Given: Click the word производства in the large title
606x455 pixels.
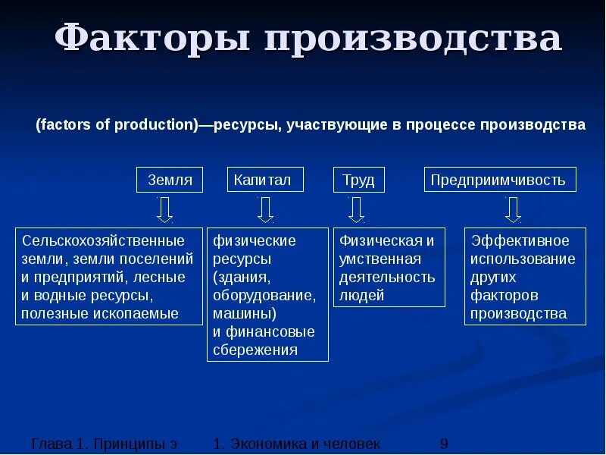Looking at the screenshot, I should point(413,39).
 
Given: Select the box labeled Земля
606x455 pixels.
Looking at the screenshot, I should point(170,180).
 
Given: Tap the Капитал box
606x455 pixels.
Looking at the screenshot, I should point(265,180).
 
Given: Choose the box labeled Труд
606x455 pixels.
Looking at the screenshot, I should point(358,180).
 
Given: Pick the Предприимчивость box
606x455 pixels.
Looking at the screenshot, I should point(499,180).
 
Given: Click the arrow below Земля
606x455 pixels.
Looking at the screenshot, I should point(164,209).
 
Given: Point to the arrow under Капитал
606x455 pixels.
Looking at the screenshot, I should point(264,209).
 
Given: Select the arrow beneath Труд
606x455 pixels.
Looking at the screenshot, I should point(357,209).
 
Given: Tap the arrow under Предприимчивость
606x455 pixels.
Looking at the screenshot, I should point(513,209).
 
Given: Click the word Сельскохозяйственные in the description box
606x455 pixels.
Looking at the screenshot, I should point(103,241).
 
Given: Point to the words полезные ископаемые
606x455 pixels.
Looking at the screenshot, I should point(100,313).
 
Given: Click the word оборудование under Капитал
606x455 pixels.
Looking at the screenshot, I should point(263,295).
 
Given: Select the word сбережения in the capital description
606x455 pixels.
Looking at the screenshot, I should point(255,350).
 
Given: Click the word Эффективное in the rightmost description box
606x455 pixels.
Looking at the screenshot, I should point(520,241).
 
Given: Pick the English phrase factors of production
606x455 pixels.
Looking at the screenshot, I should point(117,125).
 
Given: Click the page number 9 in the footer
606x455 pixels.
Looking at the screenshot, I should point(445,444).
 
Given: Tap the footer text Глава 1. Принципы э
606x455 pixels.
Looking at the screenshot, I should point(105,444).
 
